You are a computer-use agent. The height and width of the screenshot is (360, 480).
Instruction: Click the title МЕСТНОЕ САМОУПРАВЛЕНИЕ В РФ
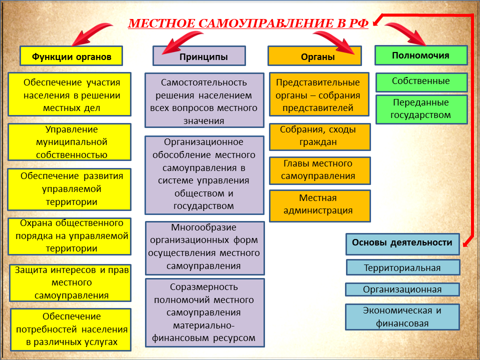[248, 23]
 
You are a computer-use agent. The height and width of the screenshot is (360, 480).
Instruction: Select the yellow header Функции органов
[71, 56]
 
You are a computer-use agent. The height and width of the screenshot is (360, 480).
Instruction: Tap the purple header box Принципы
[199, 56]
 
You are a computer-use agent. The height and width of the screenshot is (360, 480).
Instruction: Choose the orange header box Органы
[314, 56]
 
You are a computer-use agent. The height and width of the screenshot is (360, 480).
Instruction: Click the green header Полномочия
[421, 55]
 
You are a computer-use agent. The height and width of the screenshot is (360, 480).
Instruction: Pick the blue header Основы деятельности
[402, 244]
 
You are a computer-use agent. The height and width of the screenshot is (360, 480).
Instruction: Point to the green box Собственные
[421, 82]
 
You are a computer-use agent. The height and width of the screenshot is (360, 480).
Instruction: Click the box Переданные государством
[421, 109]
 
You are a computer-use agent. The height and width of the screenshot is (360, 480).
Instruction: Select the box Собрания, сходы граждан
[320, 137]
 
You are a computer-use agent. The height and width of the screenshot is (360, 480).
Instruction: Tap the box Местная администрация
[320, 205]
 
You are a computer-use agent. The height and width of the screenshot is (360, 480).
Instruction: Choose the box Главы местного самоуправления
[320, 171]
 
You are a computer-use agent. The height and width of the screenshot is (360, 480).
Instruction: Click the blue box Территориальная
[403, 267]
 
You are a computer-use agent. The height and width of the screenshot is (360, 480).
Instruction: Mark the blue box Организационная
[402, 289]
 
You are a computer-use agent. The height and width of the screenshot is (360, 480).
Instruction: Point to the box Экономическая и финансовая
[402, 317]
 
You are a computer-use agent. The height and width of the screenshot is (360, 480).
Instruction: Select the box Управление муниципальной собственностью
[69, 142]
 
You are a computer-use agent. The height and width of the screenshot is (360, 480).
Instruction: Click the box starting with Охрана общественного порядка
[69, 236]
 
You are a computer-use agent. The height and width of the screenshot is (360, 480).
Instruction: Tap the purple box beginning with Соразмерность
[205, 312]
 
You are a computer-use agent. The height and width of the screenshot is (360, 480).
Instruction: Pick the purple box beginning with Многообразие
[205, 248]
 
